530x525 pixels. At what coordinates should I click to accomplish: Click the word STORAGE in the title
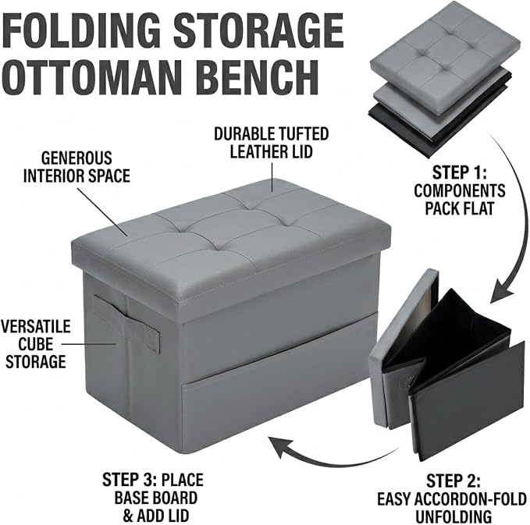pyautogui.click(x=259, y=31)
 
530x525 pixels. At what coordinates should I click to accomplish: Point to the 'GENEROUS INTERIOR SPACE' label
pyautogui.click(x=76, y=167)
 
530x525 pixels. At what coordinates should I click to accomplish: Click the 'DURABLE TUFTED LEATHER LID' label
pyautogui.click(x=272, y=143)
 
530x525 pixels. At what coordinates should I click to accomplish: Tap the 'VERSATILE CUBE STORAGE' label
pyautogui.click(x=35, y=344)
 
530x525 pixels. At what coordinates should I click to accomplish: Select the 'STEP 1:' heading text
pyautogui.click(x=459, y=172)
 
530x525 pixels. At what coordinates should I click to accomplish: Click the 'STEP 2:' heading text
pyautogui.click(x=453, y=481)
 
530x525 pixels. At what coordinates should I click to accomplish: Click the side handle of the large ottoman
pyautogui.click(x=126, y=325)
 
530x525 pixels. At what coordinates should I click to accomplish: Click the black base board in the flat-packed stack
pyautogui.click(x=439, y=132)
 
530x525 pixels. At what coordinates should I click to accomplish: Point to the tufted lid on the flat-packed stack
pyautogui.click(x=446, y=48)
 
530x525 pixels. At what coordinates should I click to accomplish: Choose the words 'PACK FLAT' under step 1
pyautogui.click(x=460, y=208)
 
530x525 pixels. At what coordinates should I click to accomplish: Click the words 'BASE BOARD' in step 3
pyautogui.click(x=156, y=498)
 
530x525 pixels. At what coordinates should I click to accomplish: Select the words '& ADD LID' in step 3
pyautogui.click(x=155, y=516)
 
